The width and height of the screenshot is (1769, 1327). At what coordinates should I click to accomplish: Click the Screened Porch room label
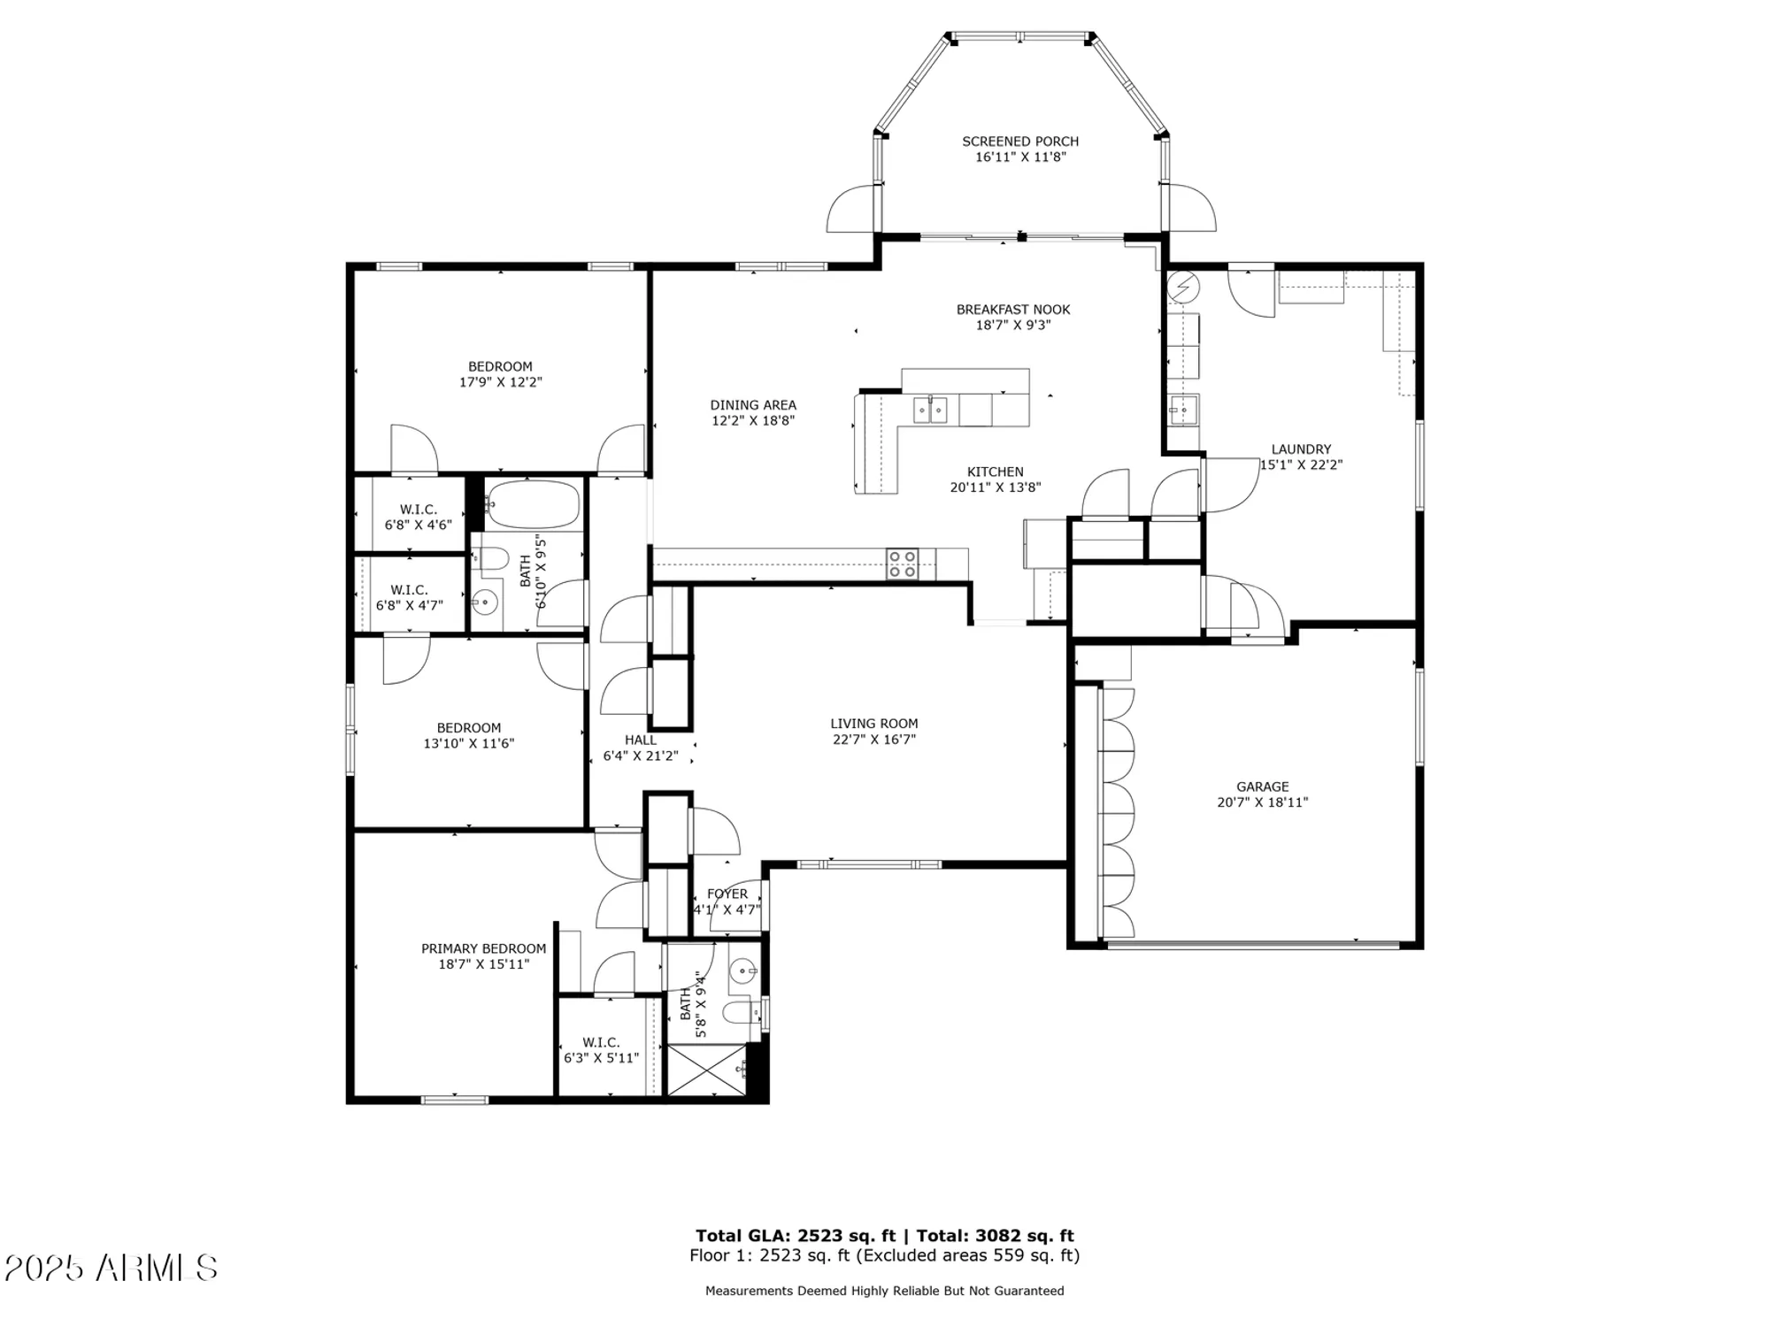pos(1019,142)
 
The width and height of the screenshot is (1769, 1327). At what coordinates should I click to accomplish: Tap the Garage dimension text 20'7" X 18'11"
pos(1262,802)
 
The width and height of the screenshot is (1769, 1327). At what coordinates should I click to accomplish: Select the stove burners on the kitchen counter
pos(902,564)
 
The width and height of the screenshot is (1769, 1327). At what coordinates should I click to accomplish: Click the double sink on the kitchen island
pos(930,410)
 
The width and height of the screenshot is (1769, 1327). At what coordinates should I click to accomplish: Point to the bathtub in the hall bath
pos(532,504)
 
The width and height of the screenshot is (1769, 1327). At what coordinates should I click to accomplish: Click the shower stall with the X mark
pos(705,1070)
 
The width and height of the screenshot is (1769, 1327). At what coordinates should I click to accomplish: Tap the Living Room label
pos(873,724)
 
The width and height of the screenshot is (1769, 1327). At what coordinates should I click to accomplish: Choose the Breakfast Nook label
pos(1012,310)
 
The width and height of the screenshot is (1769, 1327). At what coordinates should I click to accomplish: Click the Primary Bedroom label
pos(483,948)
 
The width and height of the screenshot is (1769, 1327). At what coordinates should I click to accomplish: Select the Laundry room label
pos(1300,449)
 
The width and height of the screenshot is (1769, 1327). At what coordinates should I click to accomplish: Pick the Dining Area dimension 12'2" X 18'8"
pos(752,421)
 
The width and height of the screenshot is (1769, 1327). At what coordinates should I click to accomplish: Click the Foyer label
pos(727,894)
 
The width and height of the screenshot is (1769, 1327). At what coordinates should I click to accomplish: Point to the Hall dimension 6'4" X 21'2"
pos(640,756)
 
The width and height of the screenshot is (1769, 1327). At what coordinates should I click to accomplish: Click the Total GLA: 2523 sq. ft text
pos(795,1236)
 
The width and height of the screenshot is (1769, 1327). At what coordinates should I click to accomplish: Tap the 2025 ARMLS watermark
pos(111,1268)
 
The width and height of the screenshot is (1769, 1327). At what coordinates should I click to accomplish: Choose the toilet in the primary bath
pos(738,1012)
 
